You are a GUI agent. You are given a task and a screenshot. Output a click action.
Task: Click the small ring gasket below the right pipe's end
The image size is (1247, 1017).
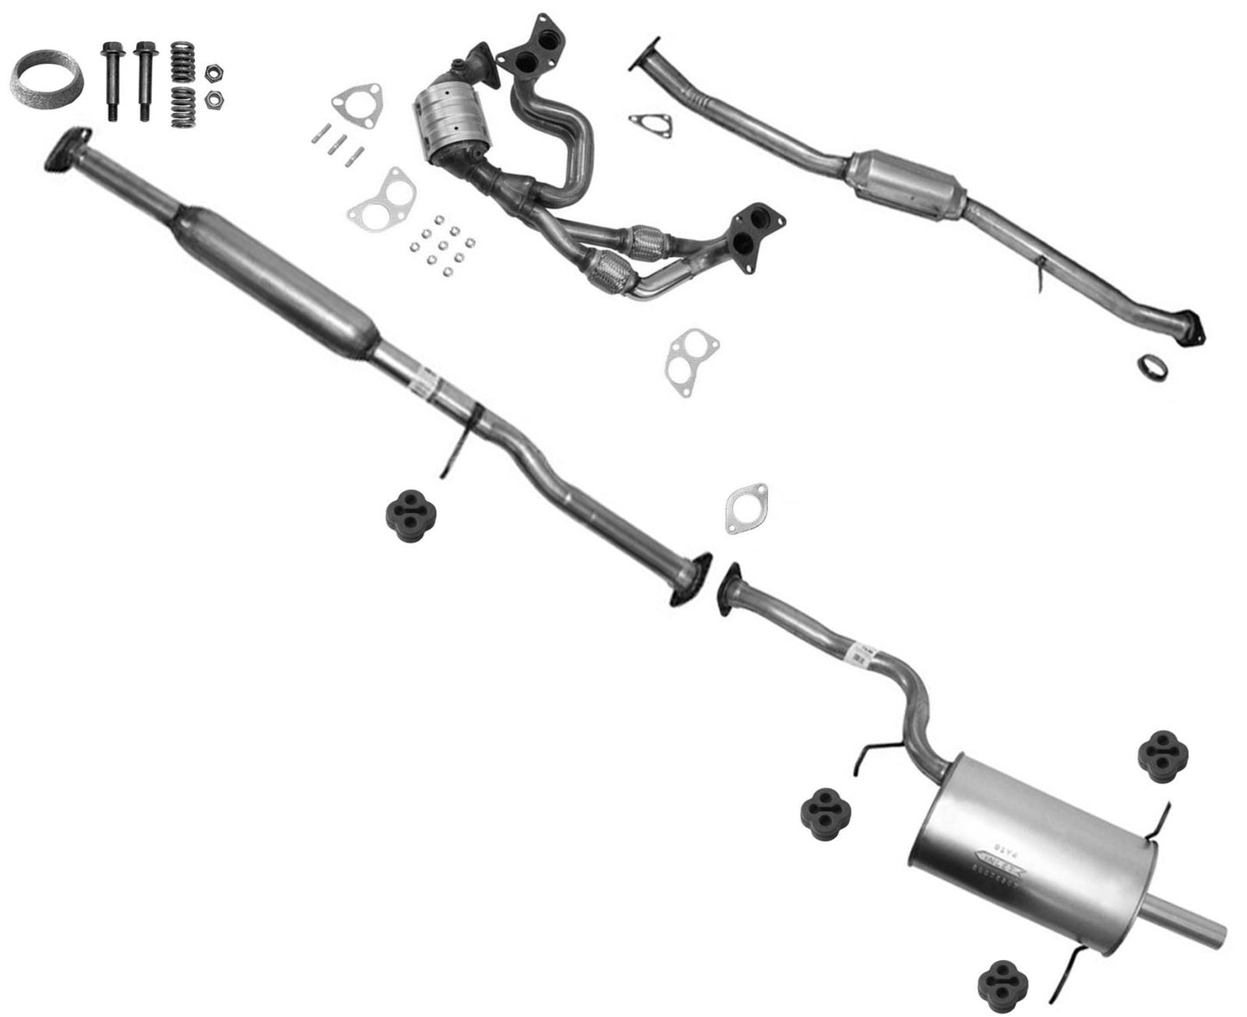click(1152, 366)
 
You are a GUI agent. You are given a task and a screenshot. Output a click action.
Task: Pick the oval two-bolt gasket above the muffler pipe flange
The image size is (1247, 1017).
click(746, 508)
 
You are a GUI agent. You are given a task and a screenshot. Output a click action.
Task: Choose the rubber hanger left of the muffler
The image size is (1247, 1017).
click(827, 808)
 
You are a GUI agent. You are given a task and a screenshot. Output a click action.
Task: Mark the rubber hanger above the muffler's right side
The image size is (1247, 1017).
click(1162, 756)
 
